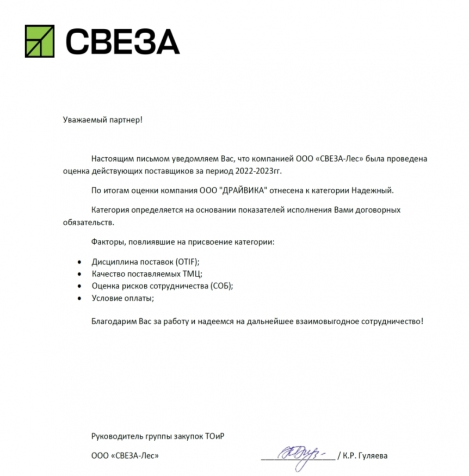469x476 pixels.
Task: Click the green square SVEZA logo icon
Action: (40, 41)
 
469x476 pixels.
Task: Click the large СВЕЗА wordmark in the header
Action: (122, 41)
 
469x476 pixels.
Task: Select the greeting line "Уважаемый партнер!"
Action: (102, 119)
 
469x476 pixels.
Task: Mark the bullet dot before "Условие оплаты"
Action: (79, 298)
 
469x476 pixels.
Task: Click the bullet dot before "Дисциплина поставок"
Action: (79, 262)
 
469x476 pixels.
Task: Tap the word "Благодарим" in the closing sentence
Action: (113, 322)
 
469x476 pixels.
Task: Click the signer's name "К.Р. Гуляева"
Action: (366, 456)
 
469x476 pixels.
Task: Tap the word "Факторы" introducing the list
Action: (107, 242)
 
